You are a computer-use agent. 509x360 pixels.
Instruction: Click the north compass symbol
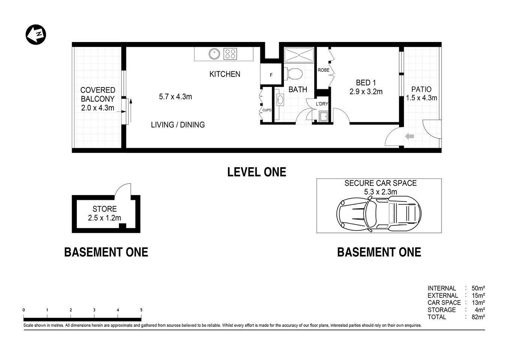tap(36, 35)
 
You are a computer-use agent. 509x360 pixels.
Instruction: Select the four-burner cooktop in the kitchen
tap(230, 54)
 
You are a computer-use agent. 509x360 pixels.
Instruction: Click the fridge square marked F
tap(271, 75)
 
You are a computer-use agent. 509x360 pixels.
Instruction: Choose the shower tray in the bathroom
tap(299, 55)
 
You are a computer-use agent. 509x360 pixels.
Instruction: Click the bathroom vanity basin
tap(280, 100)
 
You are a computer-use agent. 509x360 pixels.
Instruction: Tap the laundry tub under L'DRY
tap(323, 116)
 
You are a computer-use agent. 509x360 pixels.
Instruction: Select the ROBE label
tap(323, 70)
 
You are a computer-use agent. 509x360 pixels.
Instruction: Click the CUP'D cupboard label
tap(267, 110)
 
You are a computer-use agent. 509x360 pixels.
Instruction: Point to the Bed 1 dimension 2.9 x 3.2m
tap(366, 92)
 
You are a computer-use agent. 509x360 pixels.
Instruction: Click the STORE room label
tap(104, 209)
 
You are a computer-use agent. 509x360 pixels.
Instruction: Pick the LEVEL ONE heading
tap(257, 172)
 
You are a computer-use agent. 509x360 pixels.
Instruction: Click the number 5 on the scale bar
tap(141, 310)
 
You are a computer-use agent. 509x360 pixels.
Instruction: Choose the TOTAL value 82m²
tap(478, 317)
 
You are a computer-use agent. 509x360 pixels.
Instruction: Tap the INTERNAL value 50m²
tap(478, 288)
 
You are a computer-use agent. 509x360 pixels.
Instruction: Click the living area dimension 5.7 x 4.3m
tap(175, 97)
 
